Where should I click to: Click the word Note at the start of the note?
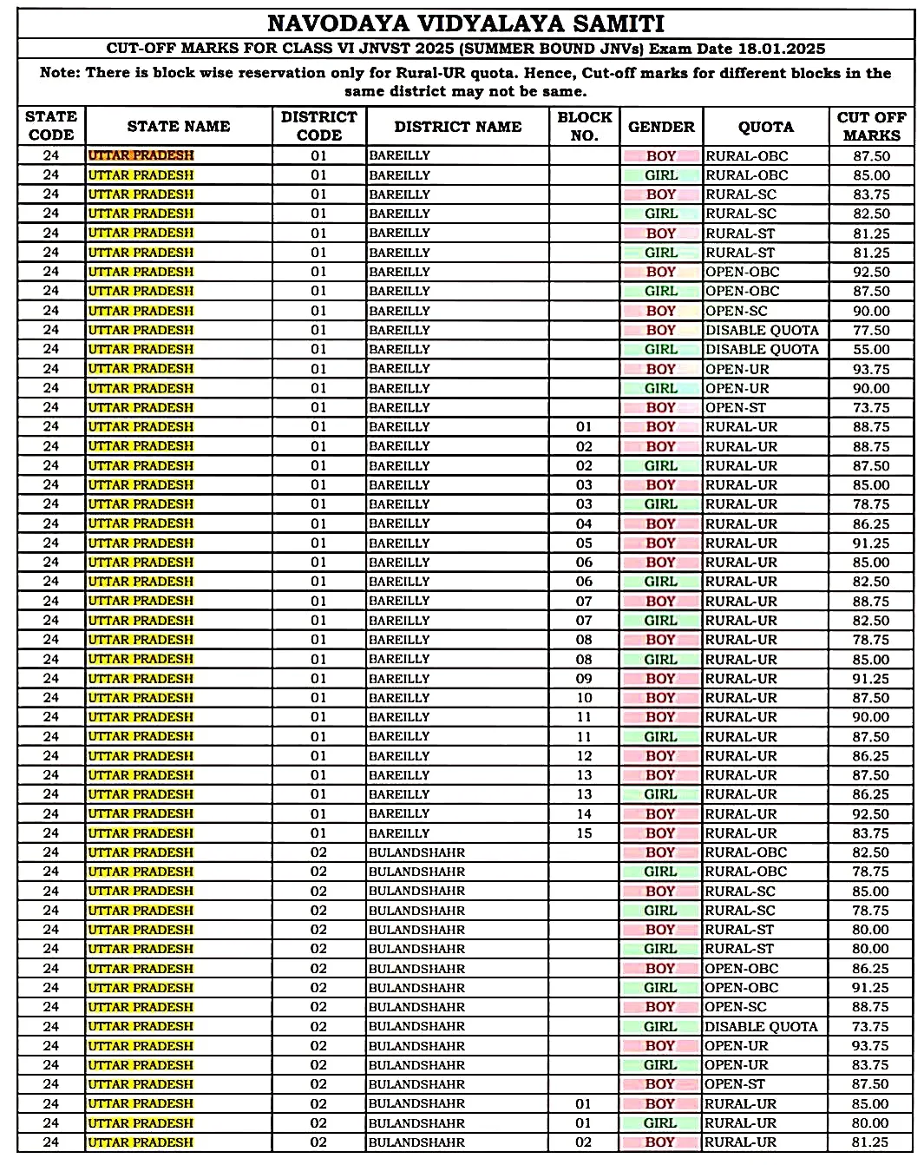tap(59, 73)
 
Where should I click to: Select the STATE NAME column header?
tap(179, 127)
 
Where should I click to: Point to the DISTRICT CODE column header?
tap(318, 127)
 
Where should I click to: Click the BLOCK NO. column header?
tap(584, 127)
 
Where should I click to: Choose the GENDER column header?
tap(661, 127)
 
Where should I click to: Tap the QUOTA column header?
tap(765, 127)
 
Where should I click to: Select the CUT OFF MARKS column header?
tap(871, 127)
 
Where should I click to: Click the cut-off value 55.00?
tap(870, 350)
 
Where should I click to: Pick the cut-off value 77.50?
tap(870, 331)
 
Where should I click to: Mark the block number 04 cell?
tap(584, 524)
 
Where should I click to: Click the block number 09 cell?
tap(584, 679)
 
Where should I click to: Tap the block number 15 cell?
tap(584, 833)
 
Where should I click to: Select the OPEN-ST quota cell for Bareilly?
tap(736, 408)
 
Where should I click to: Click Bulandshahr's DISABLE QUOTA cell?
tap(761, 1027)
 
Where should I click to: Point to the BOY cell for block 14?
tap(660, 814)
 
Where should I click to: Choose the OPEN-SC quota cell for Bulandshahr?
tap(736, 1007)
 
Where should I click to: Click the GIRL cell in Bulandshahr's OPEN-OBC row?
tap(660, 988)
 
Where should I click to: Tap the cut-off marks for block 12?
tap(870, 756)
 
